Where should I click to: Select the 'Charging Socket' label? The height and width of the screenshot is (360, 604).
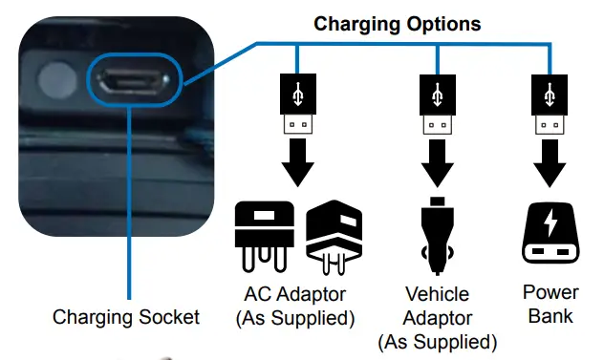coord(126,317)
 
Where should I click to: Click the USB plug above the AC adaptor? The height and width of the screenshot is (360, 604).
coord(299,110)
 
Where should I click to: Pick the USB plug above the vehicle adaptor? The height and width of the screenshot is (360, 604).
coord(437,110)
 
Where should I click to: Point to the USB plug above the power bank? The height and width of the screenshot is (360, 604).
coord(549,110)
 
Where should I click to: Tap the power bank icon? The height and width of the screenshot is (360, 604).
coord(549,235)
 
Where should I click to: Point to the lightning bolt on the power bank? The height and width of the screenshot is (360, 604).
coord(550,225)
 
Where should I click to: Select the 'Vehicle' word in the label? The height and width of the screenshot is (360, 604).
coord(437,294)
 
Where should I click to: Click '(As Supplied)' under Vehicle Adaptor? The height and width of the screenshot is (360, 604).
coord(437,341)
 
